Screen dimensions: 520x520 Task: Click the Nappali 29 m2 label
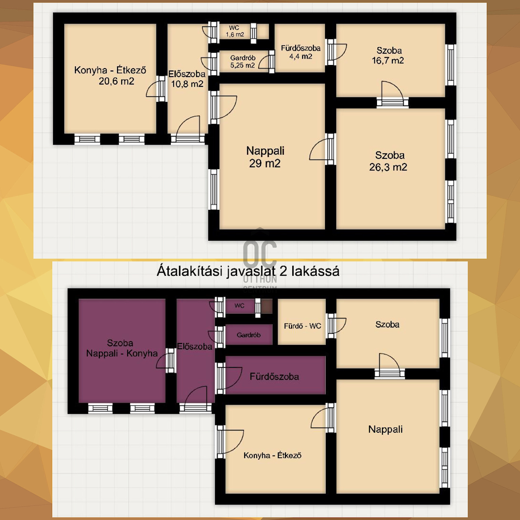coord(265,157)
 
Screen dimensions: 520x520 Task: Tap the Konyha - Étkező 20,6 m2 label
coord(110,76)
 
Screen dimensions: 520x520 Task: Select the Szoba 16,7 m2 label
coord(388,56)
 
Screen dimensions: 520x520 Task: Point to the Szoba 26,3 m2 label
coord(388,161)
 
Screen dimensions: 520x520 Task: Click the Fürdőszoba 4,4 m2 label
coord(301,52)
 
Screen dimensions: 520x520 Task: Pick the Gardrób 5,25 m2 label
coord(243,61)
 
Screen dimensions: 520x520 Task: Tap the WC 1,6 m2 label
coord(235,31)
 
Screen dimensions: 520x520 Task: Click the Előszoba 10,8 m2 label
coord(187,79)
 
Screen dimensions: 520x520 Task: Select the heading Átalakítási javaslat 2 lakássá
coord(248,271)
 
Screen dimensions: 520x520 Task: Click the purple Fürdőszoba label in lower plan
coord(274,376)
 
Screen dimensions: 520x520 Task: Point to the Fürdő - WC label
coord(303,326)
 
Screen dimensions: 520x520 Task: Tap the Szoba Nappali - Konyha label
coord(122,348)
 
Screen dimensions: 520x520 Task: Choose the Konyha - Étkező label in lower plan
coord(272,455)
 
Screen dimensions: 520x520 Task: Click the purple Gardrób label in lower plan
coord(249,335)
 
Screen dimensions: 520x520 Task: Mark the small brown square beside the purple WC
coord(267,306)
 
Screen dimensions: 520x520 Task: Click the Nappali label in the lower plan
coord(385,430)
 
